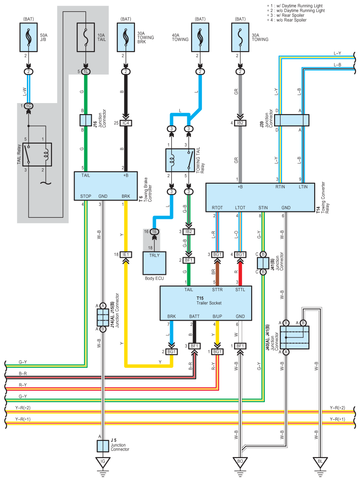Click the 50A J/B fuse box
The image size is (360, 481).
coord(29,37)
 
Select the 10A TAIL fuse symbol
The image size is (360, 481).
coord(85,37)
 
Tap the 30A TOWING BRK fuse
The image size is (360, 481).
coord(126,37)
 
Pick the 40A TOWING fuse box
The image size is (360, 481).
coord(200,37)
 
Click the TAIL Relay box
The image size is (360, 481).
coord(37,155)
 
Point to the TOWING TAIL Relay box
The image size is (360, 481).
coord(180,160)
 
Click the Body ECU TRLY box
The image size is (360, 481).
coord(154,263)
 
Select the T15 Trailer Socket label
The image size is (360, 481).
coord(209,300)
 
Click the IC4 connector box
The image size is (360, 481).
coord(126,123)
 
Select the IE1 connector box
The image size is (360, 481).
coord(126,255)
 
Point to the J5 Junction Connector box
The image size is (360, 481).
coord(103,446)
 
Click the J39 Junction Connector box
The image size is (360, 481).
coord(292,120)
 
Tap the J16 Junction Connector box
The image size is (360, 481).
coord(85,120)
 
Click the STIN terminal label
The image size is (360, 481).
coord(263,207)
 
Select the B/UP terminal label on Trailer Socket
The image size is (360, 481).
coord(217,316)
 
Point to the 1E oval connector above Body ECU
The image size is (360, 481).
coord(154,232)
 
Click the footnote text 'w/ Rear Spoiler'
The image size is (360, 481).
coord(290,15)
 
